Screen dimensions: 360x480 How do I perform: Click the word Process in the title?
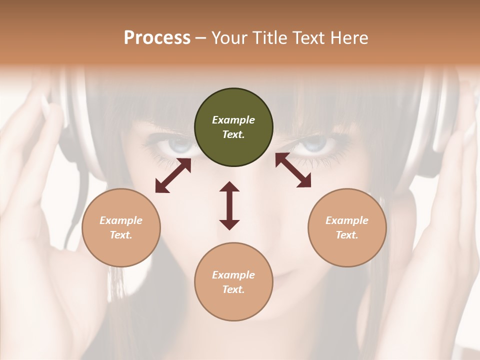157,38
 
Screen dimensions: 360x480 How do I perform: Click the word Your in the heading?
229,38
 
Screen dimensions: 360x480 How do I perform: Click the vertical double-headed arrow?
229,205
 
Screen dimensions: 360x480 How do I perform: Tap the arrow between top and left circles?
173,175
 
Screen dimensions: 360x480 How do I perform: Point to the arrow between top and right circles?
293,170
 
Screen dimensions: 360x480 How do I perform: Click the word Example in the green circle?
233,120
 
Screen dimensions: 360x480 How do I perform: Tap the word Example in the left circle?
121,220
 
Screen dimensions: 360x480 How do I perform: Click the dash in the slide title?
201,38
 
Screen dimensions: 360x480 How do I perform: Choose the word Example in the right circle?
347,220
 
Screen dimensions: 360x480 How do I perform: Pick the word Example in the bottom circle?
233,275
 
